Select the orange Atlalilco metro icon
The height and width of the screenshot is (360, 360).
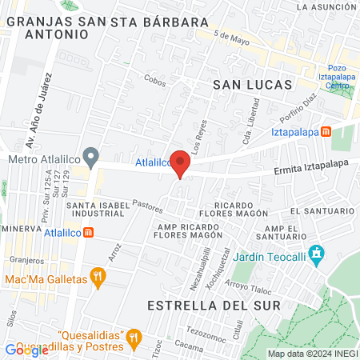click(x=88, y=233)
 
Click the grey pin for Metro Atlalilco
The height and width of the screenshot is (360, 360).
click(x=91, y=155)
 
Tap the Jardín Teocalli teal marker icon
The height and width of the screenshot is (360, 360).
click(x=318, y=254)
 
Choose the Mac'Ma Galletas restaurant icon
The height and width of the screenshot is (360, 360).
click(x=98, y=278)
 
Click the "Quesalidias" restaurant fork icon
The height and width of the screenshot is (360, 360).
click(x=135, y=335)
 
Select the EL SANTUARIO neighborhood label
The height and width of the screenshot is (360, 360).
click(x=322, y=210)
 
